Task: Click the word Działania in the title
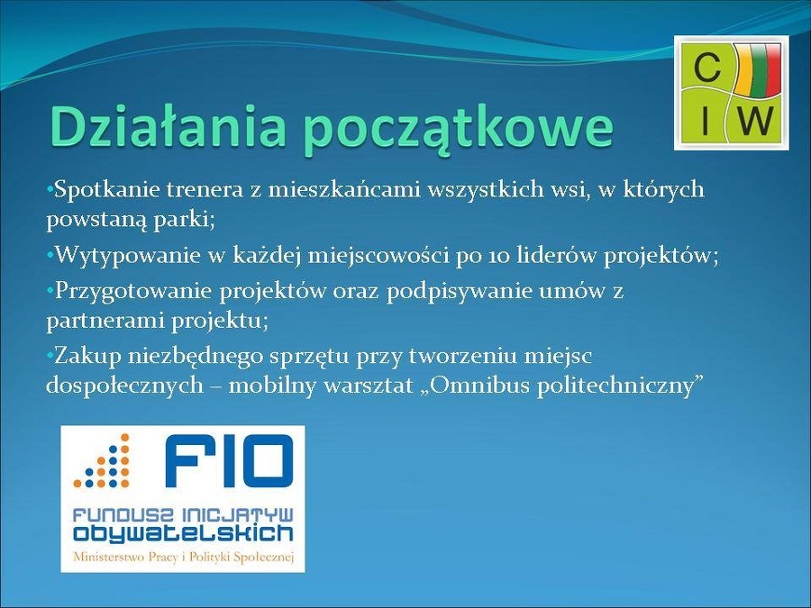point(168,126)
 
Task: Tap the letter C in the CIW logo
point(706,68)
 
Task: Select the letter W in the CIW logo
point(756,121)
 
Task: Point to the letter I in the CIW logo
point(704,121)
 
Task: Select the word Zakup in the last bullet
point(88,356)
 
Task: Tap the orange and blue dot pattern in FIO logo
point(103,461)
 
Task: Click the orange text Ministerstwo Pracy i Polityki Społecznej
point(184,558)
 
